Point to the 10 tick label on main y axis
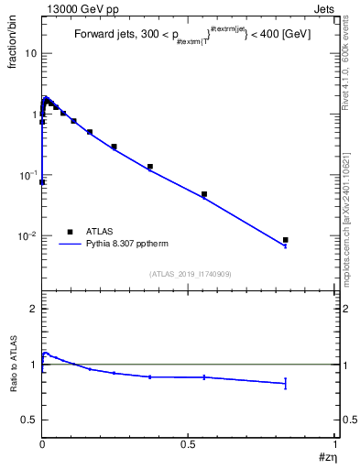[x=30, y=54]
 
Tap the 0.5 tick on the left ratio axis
[x=31, y=420]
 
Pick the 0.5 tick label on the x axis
[x=188, y=444]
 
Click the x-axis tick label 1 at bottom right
[x=335, y=444]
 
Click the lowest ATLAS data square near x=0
[x=42, y=182]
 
